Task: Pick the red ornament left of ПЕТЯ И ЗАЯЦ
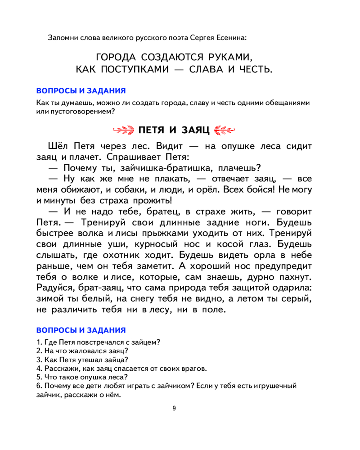coord(123,130)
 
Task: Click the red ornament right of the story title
coord(225,130)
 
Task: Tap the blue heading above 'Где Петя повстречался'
coord(81,330)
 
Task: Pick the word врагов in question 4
coord(195,369)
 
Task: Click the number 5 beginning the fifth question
coord(39,377)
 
